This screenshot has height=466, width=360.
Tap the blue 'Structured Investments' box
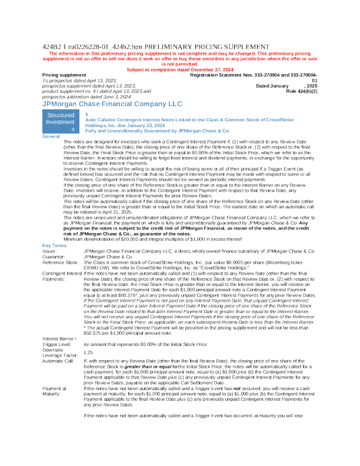[61, 122]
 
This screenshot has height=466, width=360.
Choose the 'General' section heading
[51, 137]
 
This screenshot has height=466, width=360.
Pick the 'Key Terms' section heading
[55, 245]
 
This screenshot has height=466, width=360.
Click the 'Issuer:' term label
[49, 251]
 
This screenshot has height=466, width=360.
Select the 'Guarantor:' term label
[54, 257]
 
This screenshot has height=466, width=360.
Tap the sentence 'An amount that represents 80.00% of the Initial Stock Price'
[147, 344]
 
